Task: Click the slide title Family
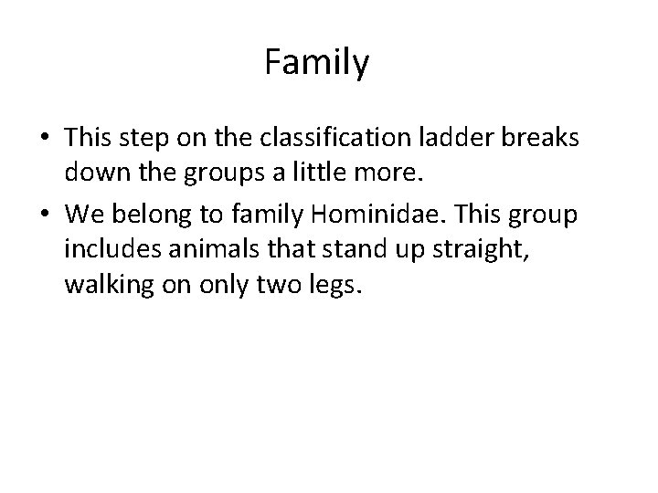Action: click(316, 63)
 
